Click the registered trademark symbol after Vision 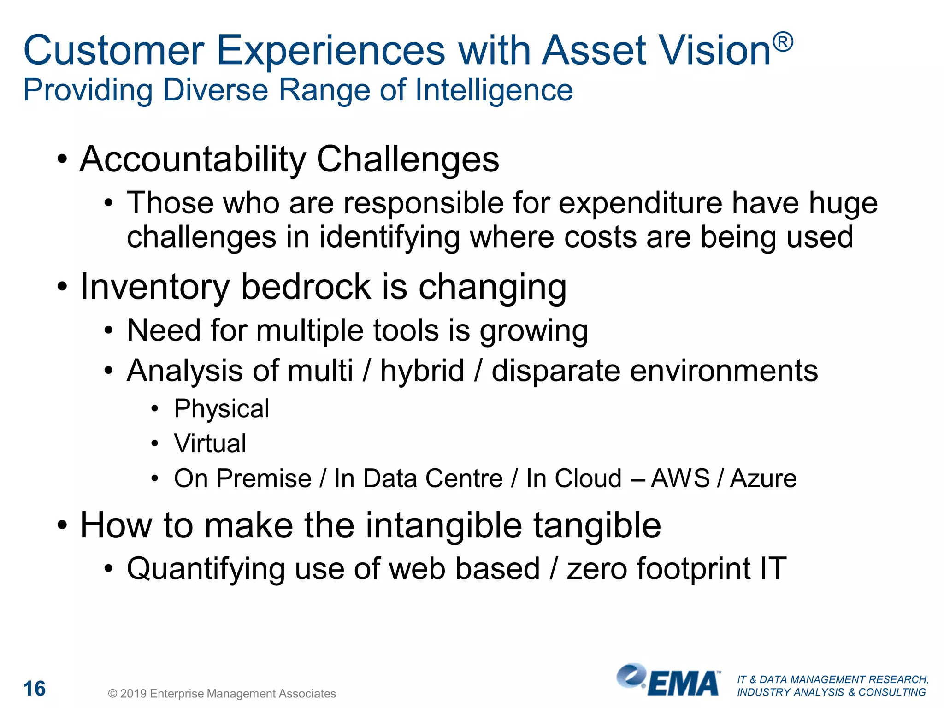(x=783, y=42)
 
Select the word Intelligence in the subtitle (x=494, y=90)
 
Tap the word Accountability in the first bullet (x=193, y=159)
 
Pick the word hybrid (x=422, y=371)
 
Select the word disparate (x=555, y=371)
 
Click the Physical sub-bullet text (x=221, y=409)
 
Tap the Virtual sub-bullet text (x=210, y=443)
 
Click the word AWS (x=680, y=478)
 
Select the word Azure (x=763, y=478)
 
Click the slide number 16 (x=35, y=689)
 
